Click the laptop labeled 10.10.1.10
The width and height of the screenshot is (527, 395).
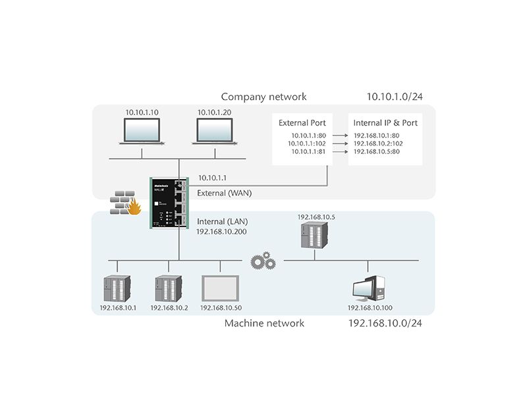pyautogui.click(x=142, y=132)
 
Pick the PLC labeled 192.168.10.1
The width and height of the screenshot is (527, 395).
pyautogui.click(x=117, y=288)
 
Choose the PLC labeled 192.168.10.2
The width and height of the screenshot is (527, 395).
pyautogui.click(x=168, y=288)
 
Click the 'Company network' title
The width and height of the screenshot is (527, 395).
pyautogui.click(x=263, y=97)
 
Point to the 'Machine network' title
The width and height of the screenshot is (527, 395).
pyautogui.click(x=264, y=323)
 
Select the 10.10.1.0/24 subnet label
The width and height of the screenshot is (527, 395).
pyautogui.click(x=395, y=97)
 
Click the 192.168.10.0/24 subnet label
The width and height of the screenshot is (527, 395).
pyautogui.click(x=385, y=323)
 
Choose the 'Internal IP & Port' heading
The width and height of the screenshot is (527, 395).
pyautogui.click(x=385, y=122)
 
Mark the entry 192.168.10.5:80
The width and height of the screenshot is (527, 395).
pyautogui.click(x=377, y=151)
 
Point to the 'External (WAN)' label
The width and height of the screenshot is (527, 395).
pyautogui.click(x=225, y=193)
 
